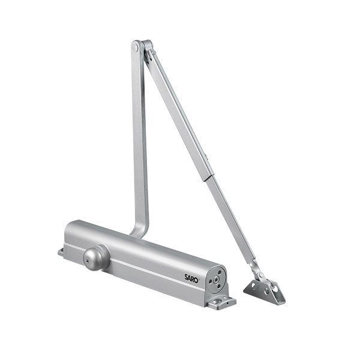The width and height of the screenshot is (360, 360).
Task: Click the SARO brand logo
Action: (x=192, y=278)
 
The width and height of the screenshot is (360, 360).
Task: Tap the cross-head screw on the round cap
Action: (x=87, y=260)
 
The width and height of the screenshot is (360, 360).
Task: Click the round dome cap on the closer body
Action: (x=97, y=257)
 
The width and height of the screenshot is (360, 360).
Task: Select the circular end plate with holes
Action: (x=216, y=280)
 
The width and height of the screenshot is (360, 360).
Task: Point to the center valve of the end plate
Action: (x=216, y=280)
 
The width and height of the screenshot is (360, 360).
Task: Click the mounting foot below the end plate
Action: (x=221, y=302)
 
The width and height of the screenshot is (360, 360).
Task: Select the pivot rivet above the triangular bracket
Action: (x=260, y=275)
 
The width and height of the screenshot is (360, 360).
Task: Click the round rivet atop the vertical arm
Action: (x=135, y=48)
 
